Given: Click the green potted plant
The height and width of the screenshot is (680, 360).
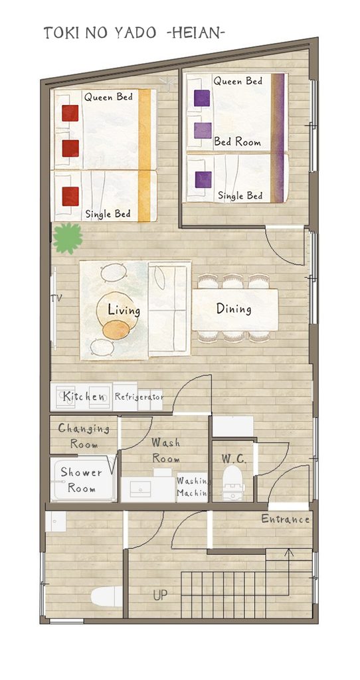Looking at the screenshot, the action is [x=68, y=238].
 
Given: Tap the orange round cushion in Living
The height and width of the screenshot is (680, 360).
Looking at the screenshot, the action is [x=116, y=329].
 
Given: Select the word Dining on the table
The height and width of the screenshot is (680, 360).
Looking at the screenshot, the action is [x=234, y=309].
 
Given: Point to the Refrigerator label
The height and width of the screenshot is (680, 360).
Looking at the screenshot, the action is [x=139, y=396].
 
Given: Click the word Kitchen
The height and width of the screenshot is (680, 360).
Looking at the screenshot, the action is [x=84, y=396].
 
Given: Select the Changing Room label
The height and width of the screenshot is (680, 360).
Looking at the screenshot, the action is [x=84, y=436].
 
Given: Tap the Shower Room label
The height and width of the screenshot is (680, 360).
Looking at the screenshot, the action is [x=81, y=479].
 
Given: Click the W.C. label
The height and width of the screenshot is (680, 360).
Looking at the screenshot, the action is [x=234, y=459].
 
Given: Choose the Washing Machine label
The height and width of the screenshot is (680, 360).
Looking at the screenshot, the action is [x=193, y=487].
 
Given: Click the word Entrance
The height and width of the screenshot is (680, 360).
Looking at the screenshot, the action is [x=286, y=519].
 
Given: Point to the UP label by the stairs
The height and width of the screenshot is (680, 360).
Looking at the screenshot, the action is [x=160, y=596].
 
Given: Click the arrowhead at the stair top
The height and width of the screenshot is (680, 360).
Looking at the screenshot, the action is [x=289, y=552].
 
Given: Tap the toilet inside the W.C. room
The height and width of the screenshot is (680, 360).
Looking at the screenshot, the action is [x=233, y=483].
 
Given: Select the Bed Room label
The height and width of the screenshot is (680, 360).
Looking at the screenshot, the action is [x=237, y=142].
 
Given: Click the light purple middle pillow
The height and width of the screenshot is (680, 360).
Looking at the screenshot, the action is [x=203, y=131].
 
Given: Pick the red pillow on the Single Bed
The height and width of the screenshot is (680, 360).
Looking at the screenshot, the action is [x=70, y=196].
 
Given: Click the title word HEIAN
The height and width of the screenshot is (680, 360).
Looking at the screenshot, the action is [x=195, y=33].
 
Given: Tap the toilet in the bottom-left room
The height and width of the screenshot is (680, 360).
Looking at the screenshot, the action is [x=107, y=597].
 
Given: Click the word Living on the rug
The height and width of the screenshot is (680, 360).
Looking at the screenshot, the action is [x=124, y=311].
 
